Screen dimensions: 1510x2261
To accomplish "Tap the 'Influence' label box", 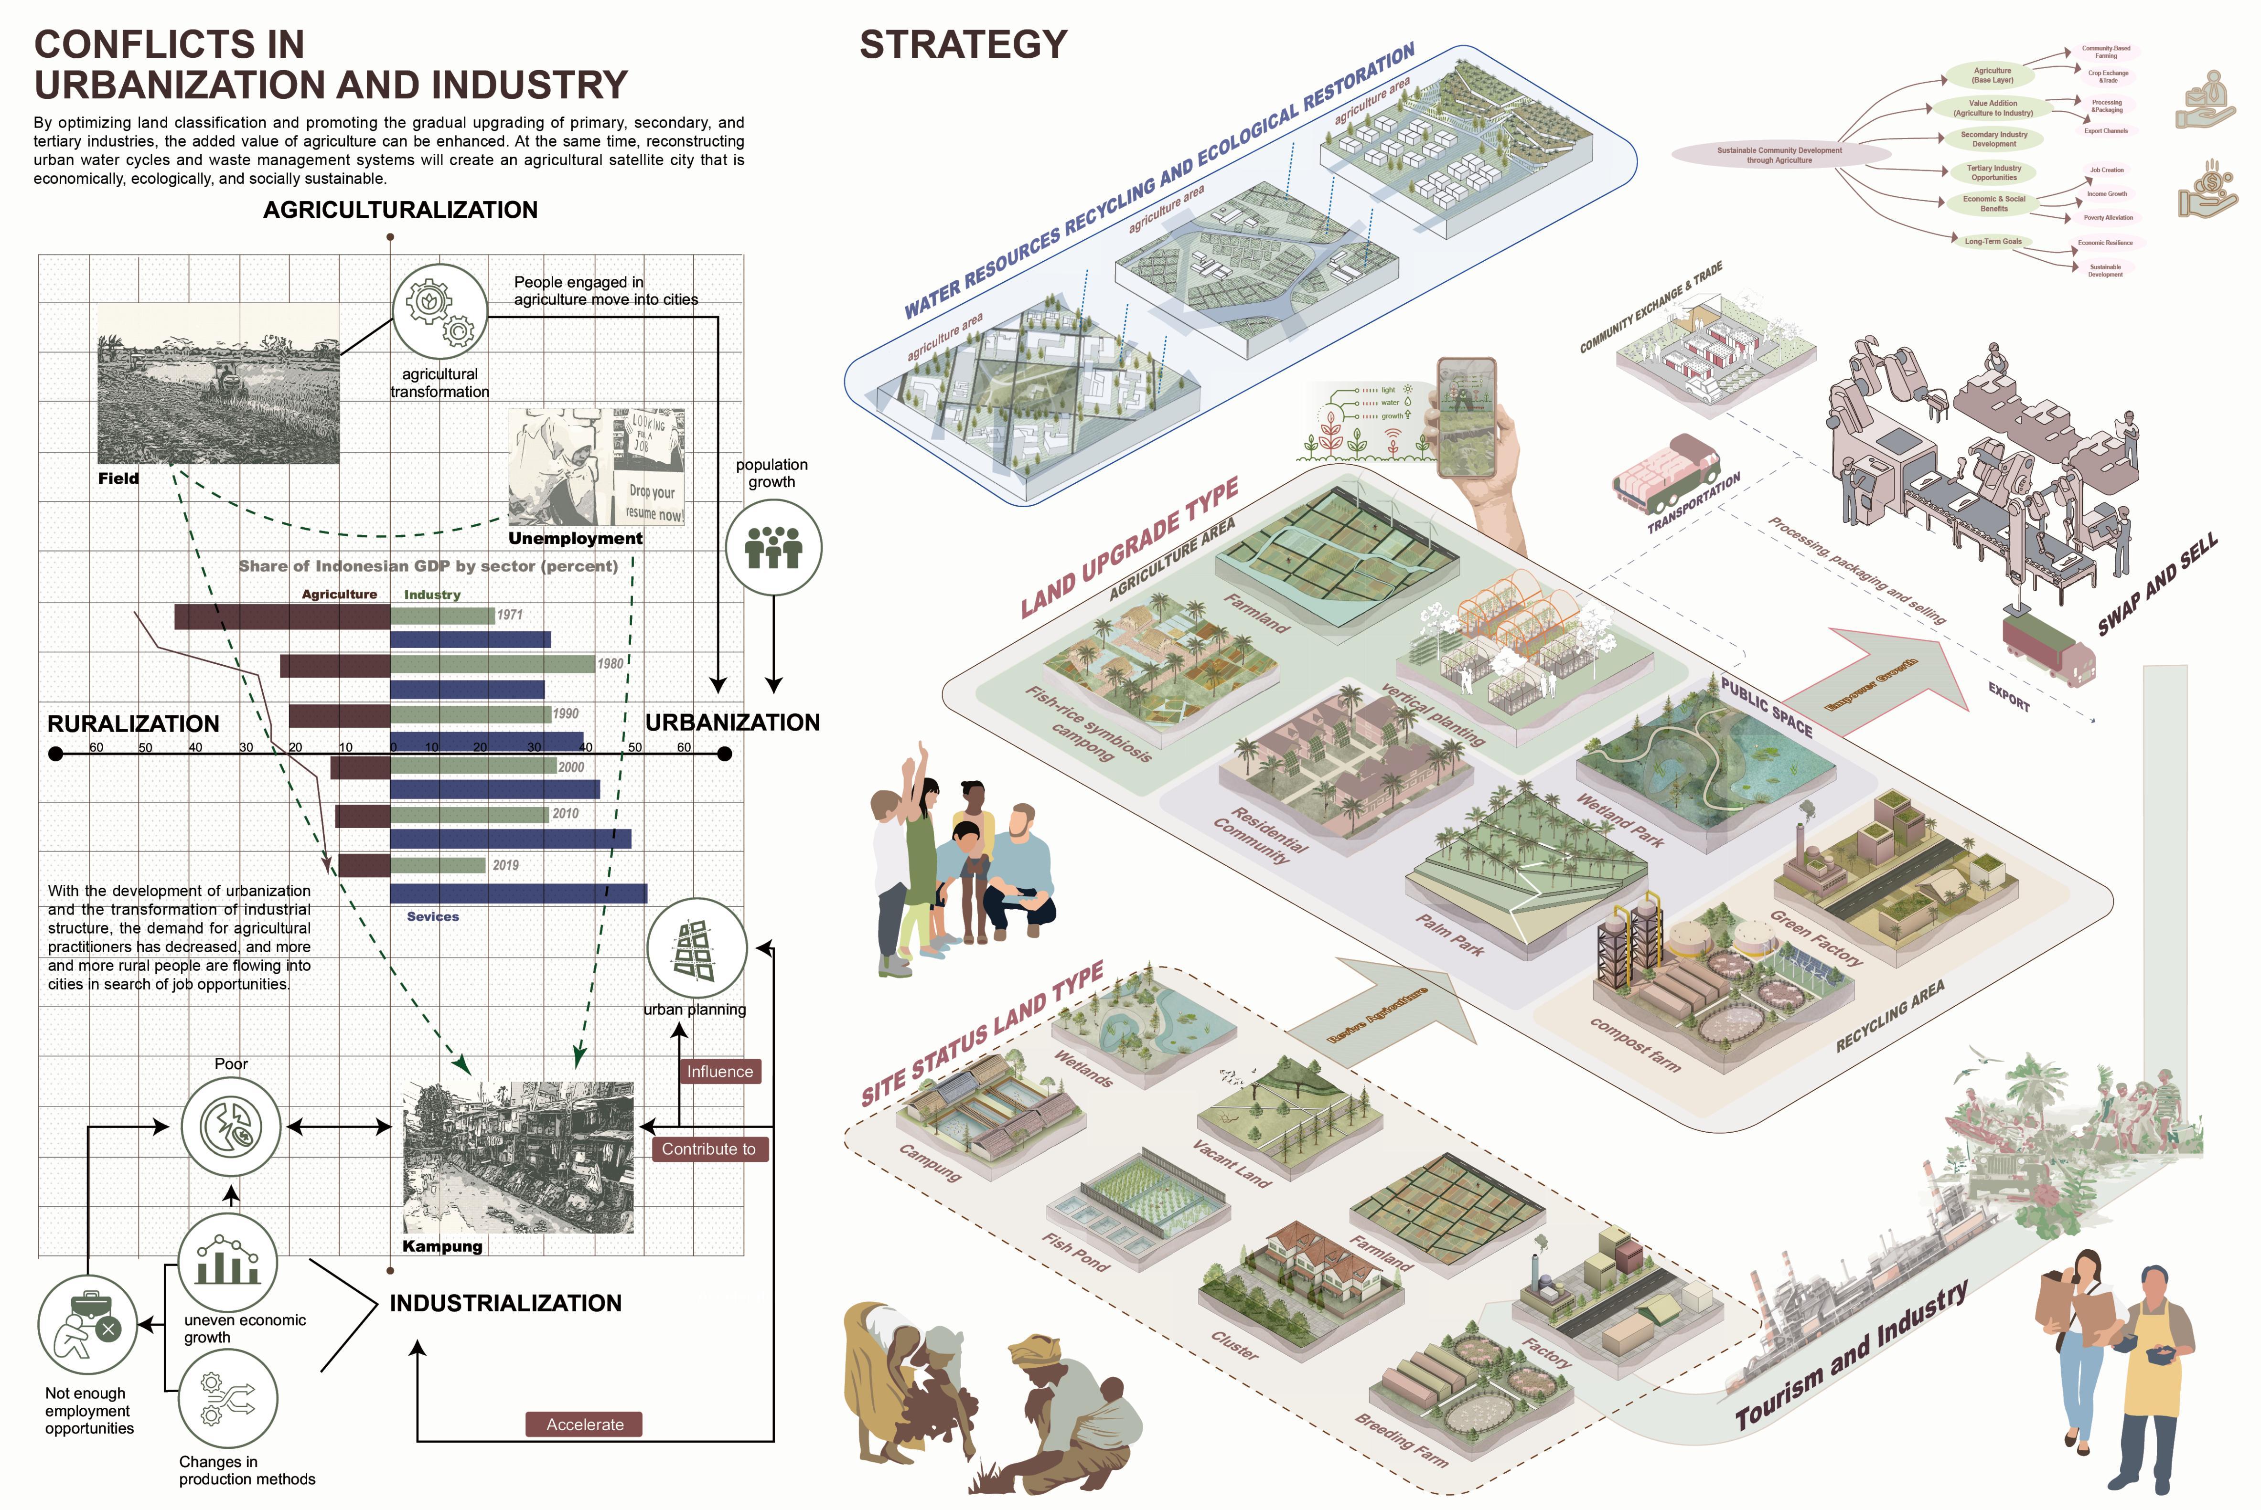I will tap(719, 1072).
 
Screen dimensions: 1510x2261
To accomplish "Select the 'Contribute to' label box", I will tap(709, 1149).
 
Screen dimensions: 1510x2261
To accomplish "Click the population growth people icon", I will tap(772, 547).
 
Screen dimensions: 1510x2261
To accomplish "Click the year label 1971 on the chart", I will tap(510, 615).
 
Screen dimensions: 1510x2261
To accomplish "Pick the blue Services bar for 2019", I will tap(518, 893).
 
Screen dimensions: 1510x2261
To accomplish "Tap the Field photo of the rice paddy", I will tap(219, 383).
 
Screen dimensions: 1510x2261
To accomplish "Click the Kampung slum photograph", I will tap(518, 1157).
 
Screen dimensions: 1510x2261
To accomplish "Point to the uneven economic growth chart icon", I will tap(228, 1263).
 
